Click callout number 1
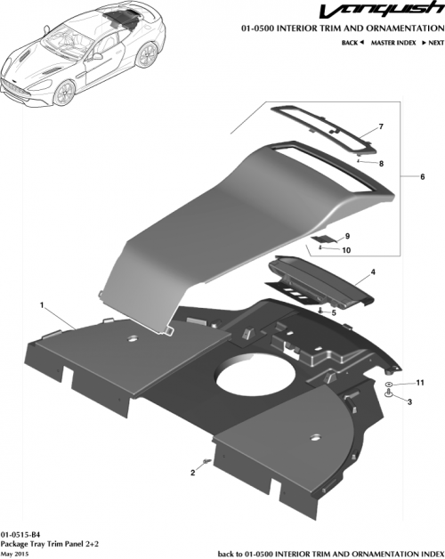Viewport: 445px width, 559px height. click(x=42, y=305)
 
